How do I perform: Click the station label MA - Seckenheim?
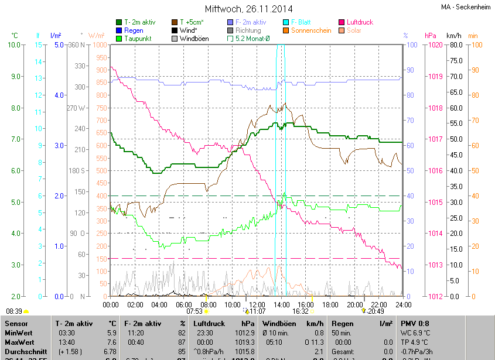tap(466, 7)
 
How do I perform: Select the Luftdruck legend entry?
tap(360, 22)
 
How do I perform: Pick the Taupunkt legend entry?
tap(138, 39)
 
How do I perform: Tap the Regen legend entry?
tap(134, 30)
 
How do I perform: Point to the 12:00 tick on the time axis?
tap(257, 304)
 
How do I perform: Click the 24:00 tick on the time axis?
tap(402, 304)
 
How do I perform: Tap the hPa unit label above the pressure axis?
tap(431, 36)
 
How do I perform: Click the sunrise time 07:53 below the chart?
tap(194, 311)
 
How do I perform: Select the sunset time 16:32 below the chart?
tap(302, 311)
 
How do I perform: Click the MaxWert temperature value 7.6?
tap(111, 342)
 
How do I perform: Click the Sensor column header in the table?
tap(16, 323)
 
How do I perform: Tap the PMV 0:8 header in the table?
tap(415, 323)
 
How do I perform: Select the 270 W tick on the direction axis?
tap(76, 108)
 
